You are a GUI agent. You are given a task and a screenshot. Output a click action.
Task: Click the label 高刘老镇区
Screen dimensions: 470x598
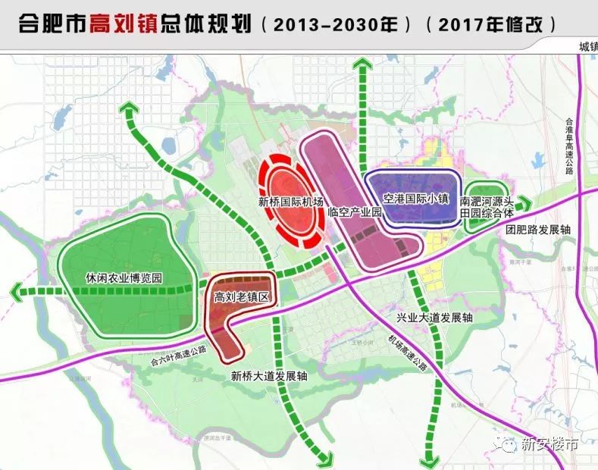243,297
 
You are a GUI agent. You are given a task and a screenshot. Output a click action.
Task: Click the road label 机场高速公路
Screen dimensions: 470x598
406,354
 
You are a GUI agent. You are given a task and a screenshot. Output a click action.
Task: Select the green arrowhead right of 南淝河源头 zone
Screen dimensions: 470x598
526,204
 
